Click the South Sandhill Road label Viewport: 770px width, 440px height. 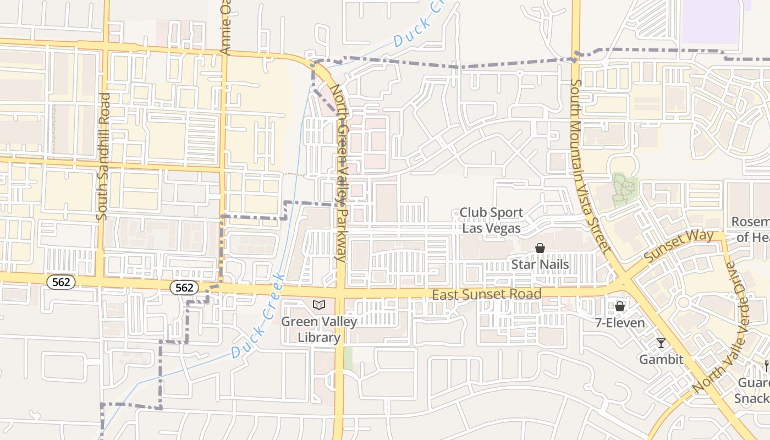(103, 157)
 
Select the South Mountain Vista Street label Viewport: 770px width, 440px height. (589, 165)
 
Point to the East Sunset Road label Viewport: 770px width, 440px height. (486, 294)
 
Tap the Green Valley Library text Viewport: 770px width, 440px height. (319, 329)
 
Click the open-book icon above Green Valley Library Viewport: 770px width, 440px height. (319, 305)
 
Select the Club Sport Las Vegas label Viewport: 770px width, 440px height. (491, 219)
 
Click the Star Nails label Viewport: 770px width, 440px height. (540, 265)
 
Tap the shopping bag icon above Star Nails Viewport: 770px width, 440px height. (540, 249)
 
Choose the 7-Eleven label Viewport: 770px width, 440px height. (620, 323)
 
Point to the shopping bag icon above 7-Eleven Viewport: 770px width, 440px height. (620, 306)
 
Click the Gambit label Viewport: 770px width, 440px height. (661, 360)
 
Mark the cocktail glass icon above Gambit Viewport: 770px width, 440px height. (661, 344)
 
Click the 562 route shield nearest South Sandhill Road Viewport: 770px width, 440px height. (61, 282)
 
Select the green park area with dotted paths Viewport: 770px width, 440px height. (624, 189)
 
